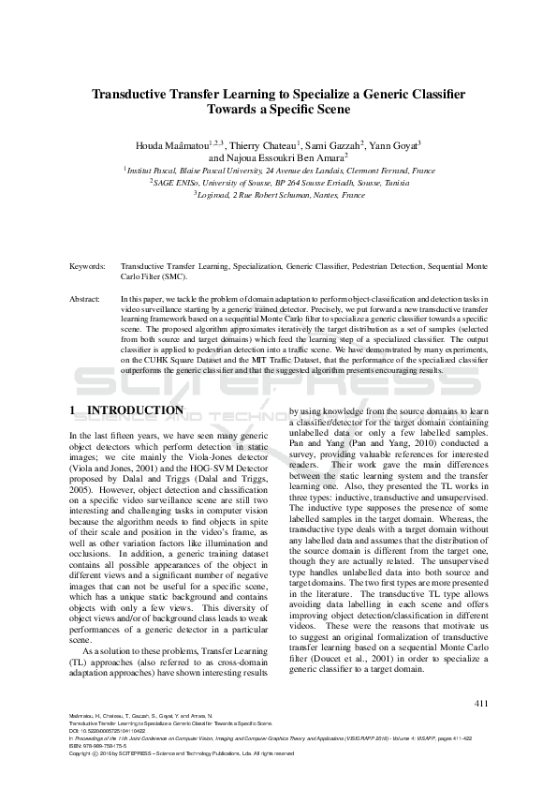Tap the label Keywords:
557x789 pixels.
point(85,267)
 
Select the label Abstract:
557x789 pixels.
point(84,298)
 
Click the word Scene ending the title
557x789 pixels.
point(330,109)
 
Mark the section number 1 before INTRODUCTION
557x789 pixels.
point(74,410)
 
